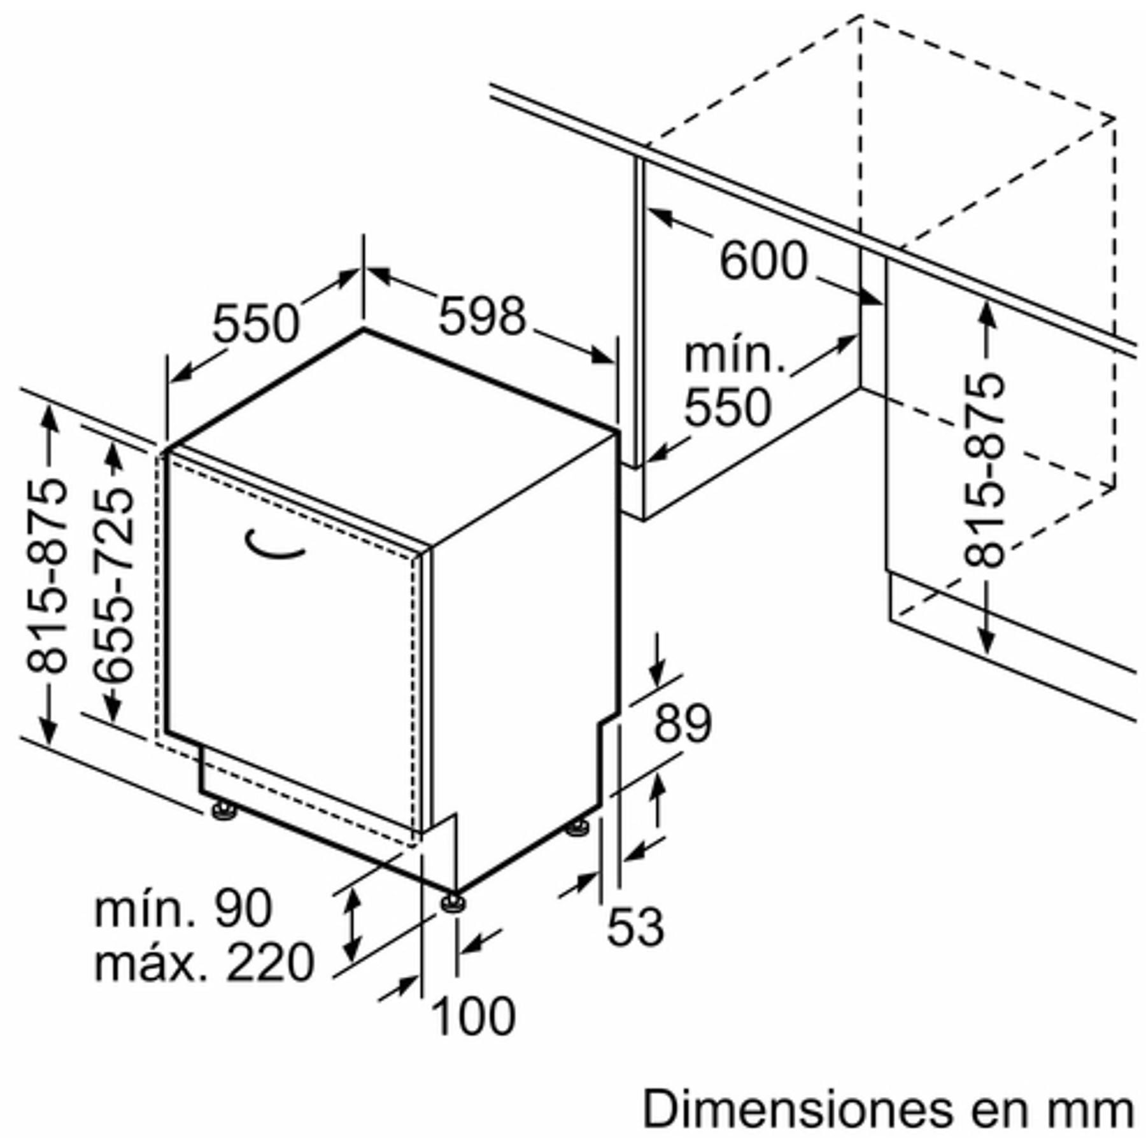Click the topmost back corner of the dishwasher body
point(364,329)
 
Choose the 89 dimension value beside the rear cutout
point(683,723)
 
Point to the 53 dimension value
point(635,926)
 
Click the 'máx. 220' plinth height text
point(204,962)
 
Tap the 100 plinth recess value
point(473,1016)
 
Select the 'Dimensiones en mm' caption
point(889,1109)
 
